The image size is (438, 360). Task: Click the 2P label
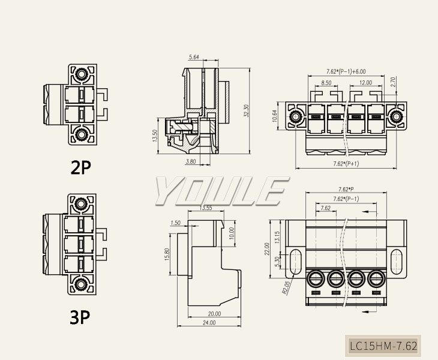[80, 167]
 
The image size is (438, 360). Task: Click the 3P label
[80, 317]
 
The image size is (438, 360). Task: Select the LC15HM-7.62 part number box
[383, 346]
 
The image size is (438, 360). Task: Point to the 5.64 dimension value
[194, 57]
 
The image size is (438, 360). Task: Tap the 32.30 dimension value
[246, 112]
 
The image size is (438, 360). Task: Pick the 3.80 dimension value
[190, 161]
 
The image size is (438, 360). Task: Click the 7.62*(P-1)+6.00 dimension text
[346, 71]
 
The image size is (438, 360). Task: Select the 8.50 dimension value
[326, 83]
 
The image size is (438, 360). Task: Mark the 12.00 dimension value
[365, 83]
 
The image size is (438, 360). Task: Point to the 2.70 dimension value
[394, 83]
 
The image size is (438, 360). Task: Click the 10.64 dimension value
[275, 116]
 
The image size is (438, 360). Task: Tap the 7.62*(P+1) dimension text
[346, 164]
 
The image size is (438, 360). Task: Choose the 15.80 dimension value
[167, 254]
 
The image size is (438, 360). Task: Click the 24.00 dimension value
[209, 323]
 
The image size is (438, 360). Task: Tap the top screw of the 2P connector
[82, 75]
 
